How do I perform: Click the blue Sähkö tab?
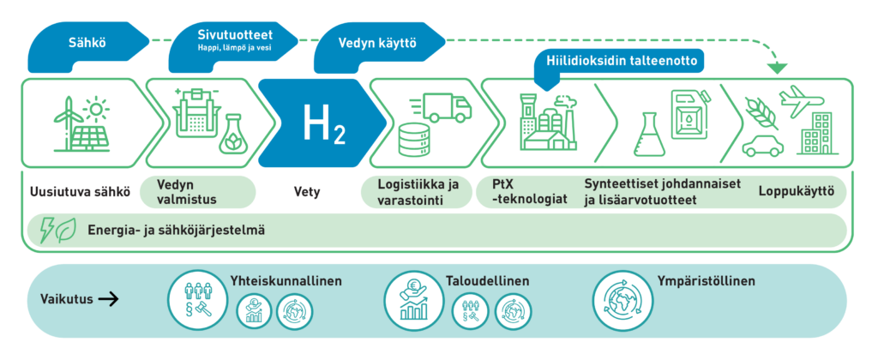(82, 42)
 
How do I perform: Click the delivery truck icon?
(445, 107)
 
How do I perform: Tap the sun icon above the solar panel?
(96, 110)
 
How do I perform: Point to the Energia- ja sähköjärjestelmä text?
(176, 230)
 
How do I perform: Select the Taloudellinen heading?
(487, 281)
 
